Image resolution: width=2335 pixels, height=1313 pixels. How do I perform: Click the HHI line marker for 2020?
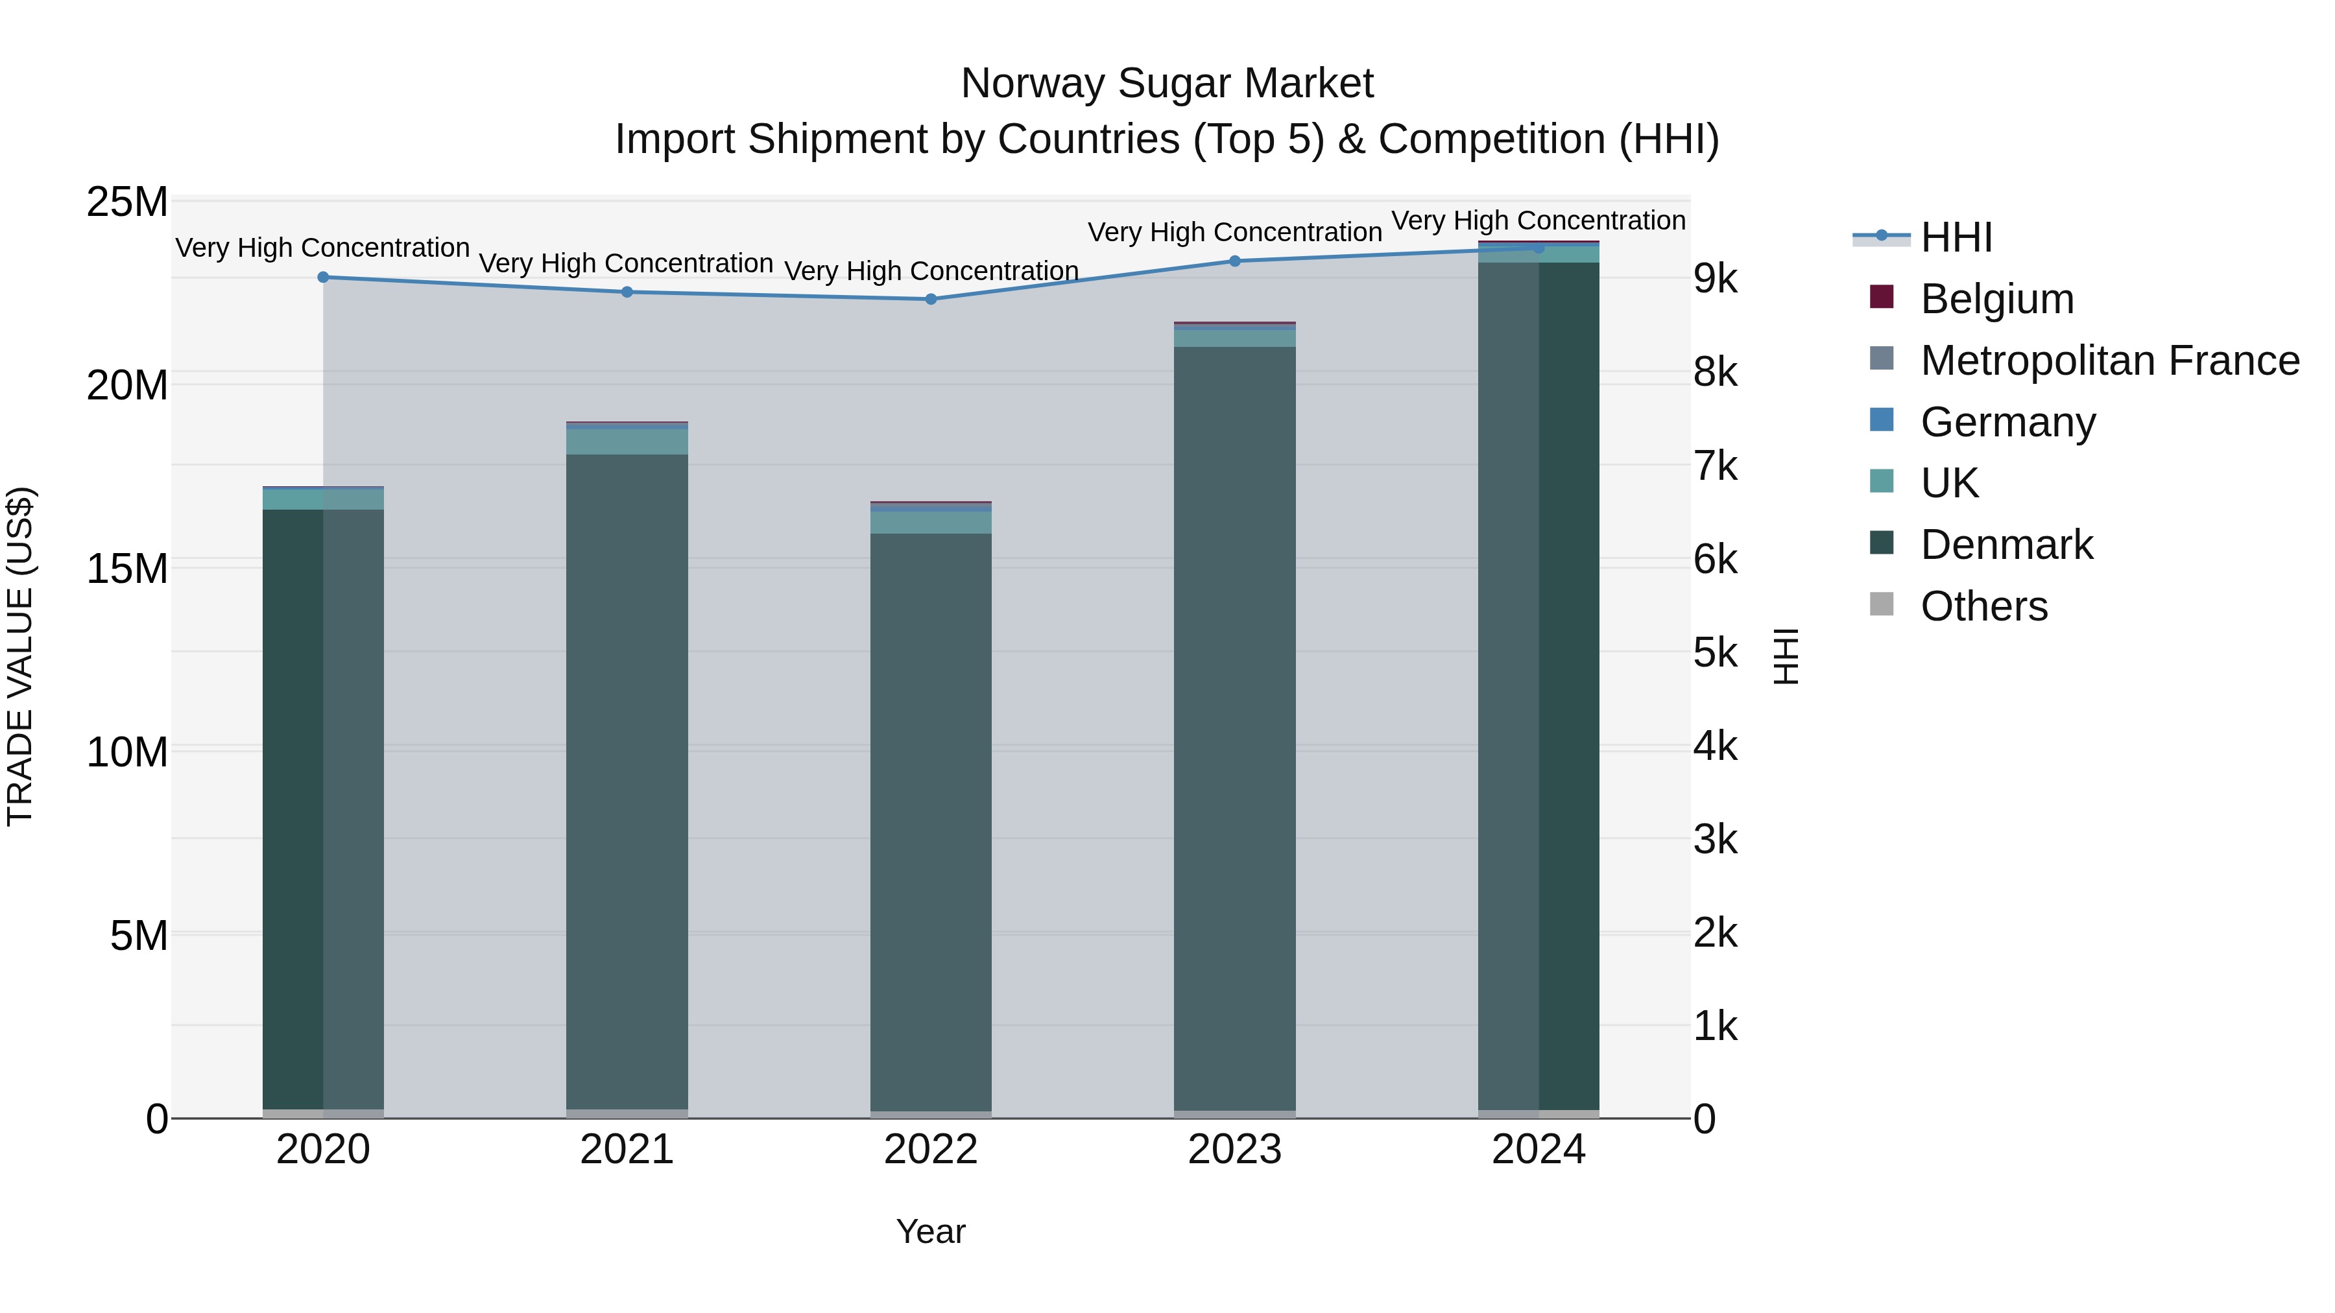coord(323,278)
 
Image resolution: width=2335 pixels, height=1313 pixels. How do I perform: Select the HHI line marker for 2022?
coord(931,299)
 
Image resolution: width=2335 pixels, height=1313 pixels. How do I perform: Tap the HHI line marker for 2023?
coord(1234,261)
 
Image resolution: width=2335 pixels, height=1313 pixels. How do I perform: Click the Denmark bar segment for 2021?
coord(627,779)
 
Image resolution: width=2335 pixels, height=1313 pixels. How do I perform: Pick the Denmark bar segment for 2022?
coord(931,820)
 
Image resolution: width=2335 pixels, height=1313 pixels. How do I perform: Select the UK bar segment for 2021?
coord(627,442)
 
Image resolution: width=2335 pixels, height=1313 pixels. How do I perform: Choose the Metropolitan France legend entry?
coord(2109,361)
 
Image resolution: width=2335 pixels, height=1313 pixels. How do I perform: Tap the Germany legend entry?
coord(2007,422)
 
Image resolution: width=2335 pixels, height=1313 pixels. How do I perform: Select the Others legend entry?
coord(1983,606)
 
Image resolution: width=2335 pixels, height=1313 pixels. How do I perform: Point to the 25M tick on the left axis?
coord(127,202)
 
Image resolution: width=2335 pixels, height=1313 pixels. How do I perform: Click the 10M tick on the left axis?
coord(127,752)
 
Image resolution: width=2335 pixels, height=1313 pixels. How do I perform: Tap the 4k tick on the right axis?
coord(1715,747)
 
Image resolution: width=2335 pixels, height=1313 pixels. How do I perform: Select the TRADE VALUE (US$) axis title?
coord(20,656)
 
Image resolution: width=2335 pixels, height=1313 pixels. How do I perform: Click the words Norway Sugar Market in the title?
coord(1167,84)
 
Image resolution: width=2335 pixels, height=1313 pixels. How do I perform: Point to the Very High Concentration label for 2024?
coord(1539,220)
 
